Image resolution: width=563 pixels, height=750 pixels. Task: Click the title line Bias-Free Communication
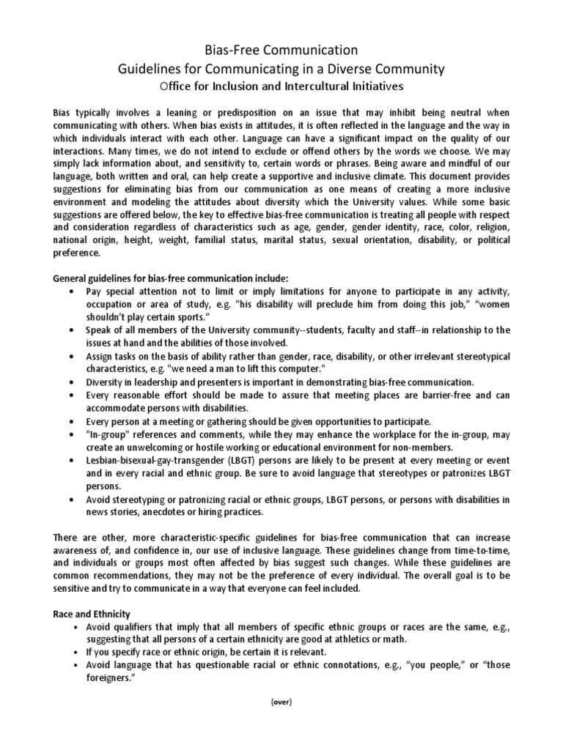pyautogui.click(x=281, y=51)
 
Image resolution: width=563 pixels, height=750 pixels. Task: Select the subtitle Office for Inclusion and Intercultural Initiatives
pyautogui.click(x=281, y=86)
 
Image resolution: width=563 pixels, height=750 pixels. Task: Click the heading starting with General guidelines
pyautogui.click(x=172, y=278)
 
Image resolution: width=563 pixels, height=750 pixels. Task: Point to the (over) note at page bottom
pyautogui.click(x=281, y=702)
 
